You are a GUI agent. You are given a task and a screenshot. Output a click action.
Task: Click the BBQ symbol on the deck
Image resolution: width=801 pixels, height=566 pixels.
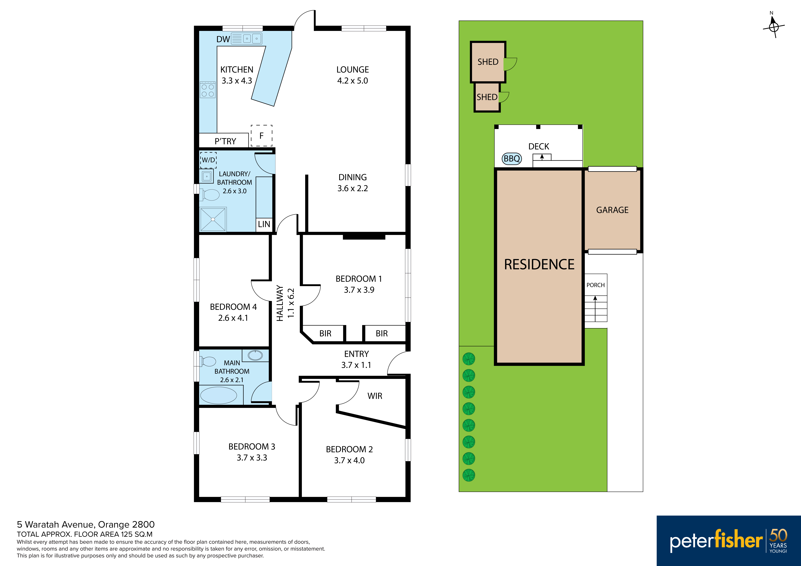pos(512,159)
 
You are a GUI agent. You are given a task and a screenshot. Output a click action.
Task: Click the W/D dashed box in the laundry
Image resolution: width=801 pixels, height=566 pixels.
pos(208,160)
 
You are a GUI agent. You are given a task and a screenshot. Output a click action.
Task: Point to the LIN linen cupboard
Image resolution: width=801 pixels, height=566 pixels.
pos(264,224)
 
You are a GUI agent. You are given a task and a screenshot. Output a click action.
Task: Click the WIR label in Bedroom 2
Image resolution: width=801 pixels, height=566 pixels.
pos(375,396)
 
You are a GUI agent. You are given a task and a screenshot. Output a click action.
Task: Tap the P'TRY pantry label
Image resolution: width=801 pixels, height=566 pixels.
pos(225,141)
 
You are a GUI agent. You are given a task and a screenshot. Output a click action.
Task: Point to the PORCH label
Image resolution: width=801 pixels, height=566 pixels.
pos(595,285)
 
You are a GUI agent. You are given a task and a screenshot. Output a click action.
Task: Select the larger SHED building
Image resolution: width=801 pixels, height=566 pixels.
pos(488,62)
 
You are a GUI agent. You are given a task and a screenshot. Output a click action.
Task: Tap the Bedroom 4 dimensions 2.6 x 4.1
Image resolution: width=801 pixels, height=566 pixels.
pos(233,318)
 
